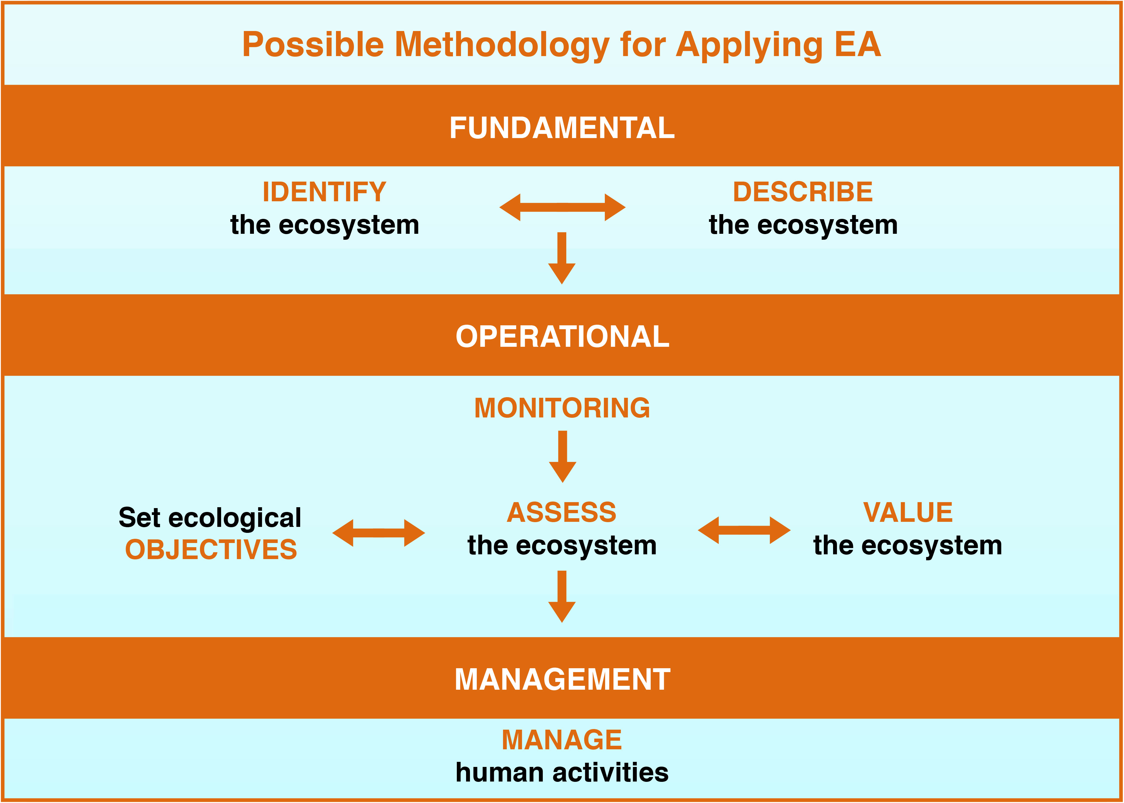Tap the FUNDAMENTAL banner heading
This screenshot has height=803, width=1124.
click(562, 128)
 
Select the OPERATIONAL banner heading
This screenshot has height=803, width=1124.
click(562, 337)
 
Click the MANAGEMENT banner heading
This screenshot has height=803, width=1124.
click(562, 679)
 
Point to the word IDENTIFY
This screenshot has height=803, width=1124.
click(325, 192)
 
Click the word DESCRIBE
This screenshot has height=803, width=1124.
click(803, 192)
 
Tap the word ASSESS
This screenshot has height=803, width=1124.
click(562, 512)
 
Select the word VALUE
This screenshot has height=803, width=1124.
click(908, 512)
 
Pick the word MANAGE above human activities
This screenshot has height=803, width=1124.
click(562, 740)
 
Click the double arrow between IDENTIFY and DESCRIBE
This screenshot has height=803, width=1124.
click(562, 207)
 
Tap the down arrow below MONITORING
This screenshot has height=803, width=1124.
click(562, 457)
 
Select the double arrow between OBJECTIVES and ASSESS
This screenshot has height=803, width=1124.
click(378, 533)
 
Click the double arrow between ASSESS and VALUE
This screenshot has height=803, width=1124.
click(744, 530)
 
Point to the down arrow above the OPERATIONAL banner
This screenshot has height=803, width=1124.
click(562, 258)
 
